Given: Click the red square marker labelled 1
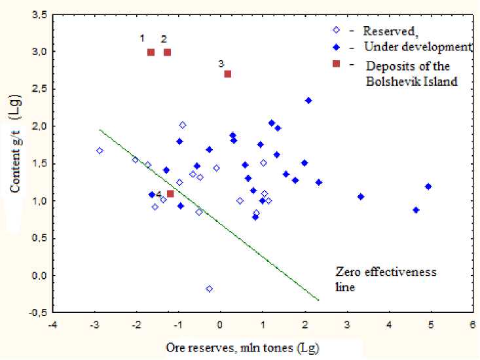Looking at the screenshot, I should pos(151,52).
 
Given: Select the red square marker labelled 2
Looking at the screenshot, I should pos(167,52).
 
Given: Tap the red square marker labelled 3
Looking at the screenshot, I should pos(228,74).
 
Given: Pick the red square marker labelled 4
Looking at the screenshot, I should pos(170,194).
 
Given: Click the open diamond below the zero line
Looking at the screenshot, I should pos(209,289).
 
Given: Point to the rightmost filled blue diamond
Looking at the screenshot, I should pos(428,187).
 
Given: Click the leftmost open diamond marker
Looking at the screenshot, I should pos(100,151).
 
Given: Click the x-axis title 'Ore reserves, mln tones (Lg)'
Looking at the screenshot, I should pos(261,346).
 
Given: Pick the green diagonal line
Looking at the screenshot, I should pos(210,215).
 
